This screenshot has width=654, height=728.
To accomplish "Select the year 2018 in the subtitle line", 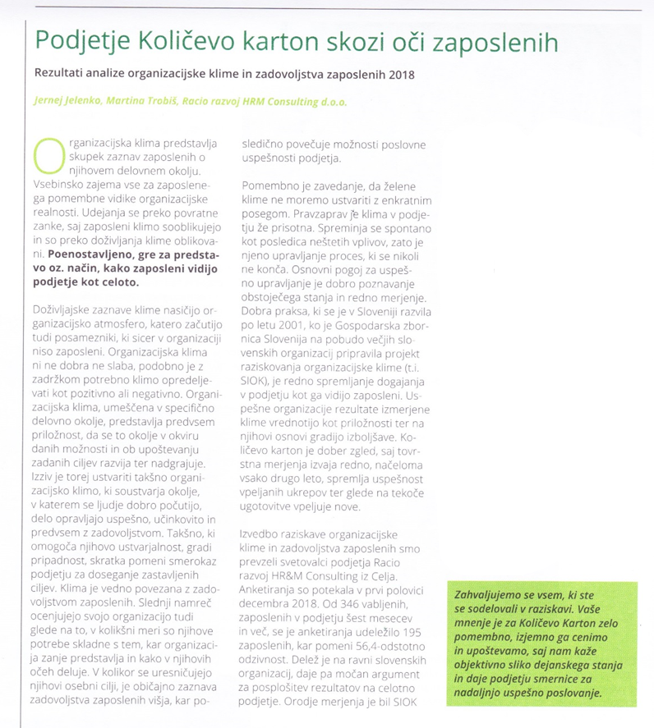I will pyautogui.click(x=399, y=75).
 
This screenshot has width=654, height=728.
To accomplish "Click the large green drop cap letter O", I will pyautogui.click(x=48, y=154).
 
